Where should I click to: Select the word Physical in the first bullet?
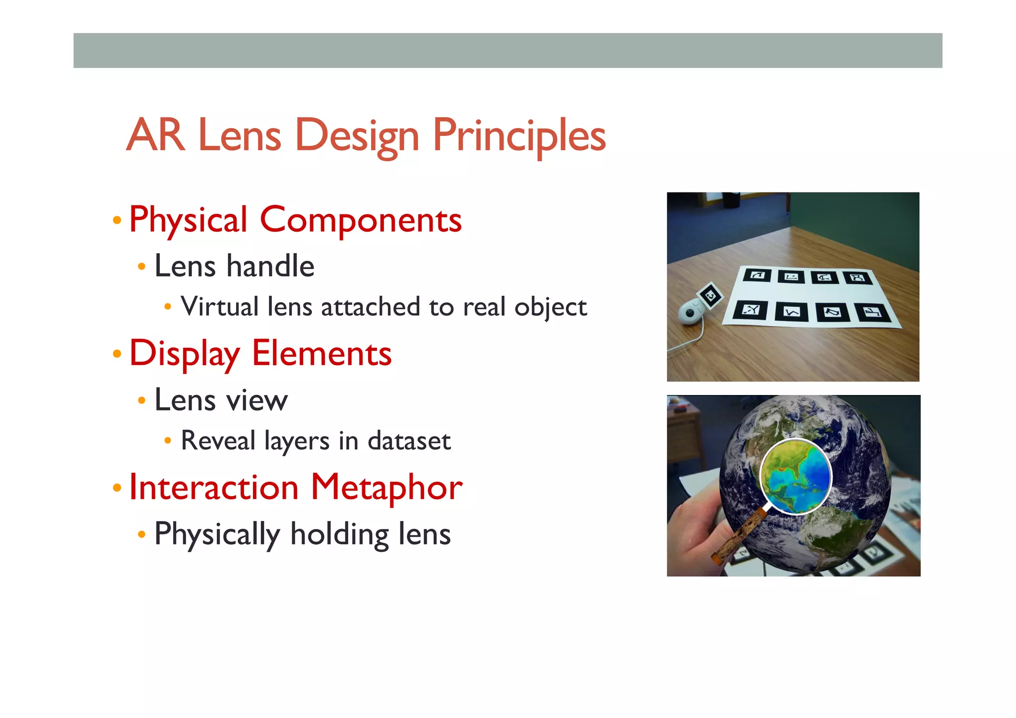point(188,220)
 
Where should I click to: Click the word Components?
point(361,220)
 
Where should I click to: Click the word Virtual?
point(220,306)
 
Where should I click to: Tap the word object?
point(551,307)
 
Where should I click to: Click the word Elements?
point(321,353)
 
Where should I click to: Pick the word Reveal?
point(218,441)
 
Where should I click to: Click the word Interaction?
point(213,487)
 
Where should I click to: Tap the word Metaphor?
point(386,487)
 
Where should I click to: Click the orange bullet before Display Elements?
point(117,354)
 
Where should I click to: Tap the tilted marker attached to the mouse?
point(710,296)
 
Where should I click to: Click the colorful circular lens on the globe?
point(795,477)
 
